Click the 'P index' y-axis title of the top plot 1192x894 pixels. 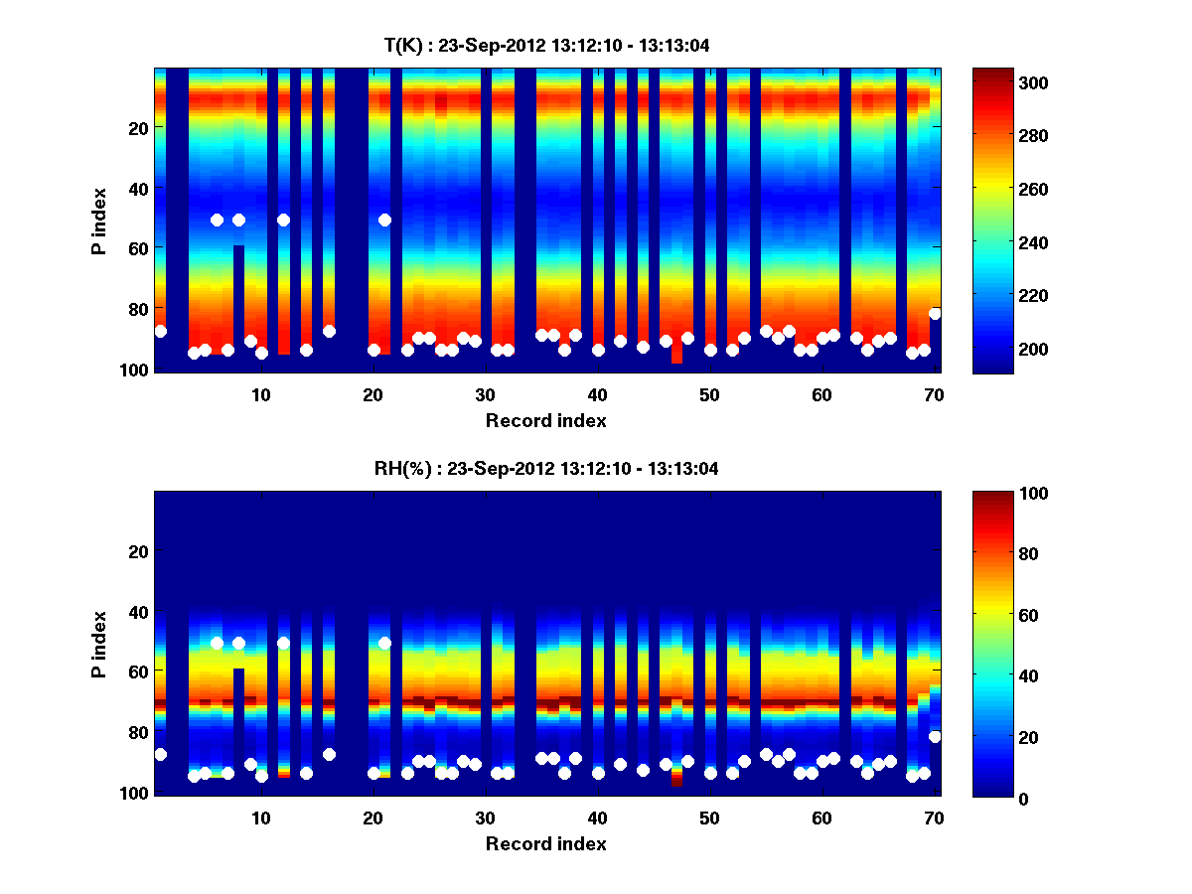(x=99, y=221)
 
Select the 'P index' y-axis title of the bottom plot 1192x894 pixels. (x=99, y=644)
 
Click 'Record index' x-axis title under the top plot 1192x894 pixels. (x=545, y=420)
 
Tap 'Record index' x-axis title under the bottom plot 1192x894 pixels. (x=545, y=843)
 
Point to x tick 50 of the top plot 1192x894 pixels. (x=709, y=393)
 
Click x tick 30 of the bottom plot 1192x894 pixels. (x=485, y=818)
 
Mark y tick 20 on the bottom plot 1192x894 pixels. (x=138, y=551)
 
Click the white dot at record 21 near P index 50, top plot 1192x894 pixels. (x=384, y=220)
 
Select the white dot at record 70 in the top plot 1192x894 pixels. (x=935, y=314)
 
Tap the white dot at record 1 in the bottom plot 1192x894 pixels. (x=161, y=755)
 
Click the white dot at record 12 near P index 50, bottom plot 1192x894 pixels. (x=283, y=644)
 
